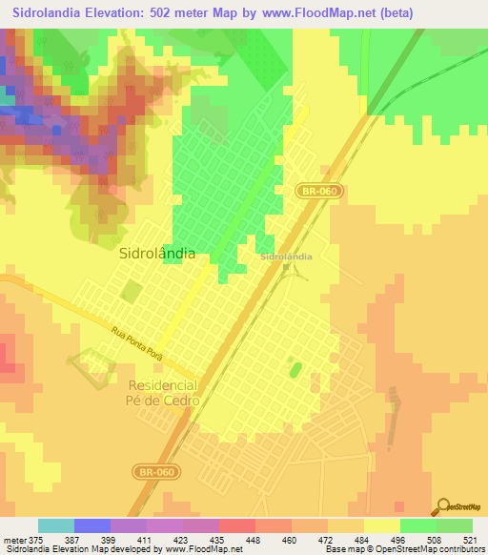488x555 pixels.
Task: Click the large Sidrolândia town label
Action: pos(158,255)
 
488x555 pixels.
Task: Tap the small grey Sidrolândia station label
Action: pos(286,257)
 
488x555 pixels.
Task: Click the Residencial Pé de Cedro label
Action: pos(162,393)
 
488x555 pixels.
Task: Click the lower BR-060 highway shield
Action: pos(155,472)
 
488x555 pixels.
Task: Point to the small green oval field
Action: pos(294,368)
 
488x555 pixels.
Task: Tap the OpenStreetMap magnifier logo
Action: pos(442,506)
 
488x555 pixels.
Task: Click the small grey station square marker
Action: pos(286,268)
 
